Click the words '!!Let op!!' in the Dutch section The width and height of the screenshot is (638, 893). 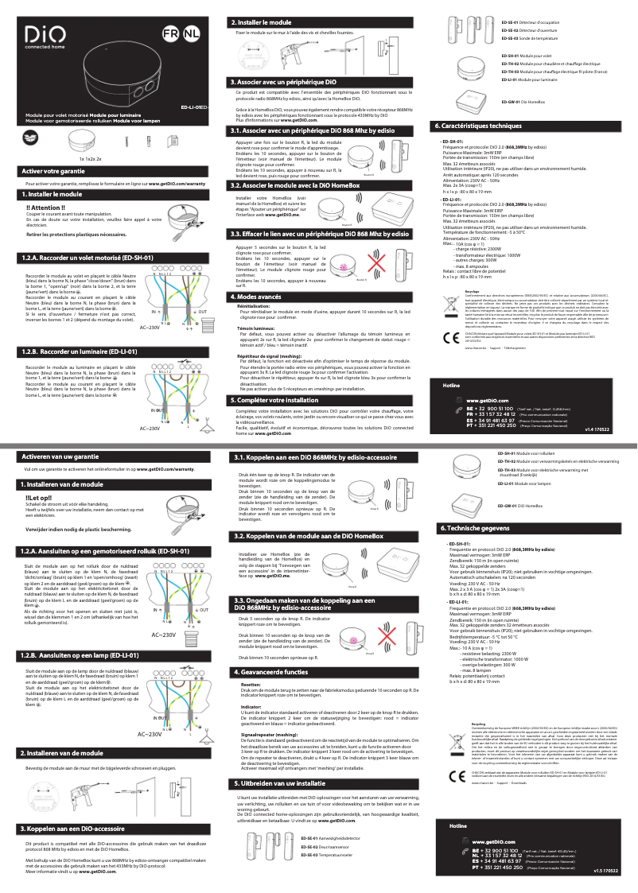tap(40, 498)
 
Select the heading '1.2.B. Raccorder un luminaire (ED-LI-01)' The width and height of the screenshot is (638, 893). tap(88, 351)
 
